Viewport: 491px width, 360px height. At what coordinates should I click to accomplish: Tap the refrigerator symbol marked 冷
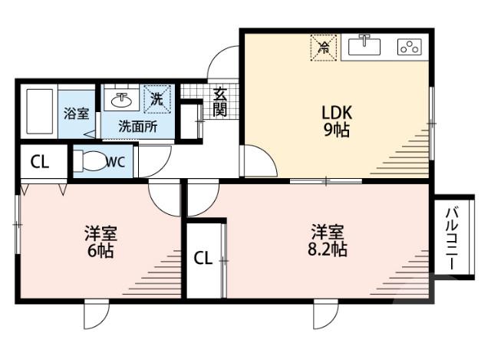point(324,47)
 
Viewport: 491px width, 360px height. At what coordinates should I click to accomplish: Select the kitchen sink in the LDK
point(364,46)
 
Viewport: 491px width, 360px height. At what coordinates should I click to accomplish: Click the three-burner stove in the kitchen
point(410,47)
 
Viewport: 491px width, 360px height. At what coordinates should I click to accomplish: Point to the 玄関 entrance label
point(220,101)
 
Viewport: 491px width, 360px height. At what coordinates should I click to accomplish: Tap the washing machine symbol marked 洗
point(156,98)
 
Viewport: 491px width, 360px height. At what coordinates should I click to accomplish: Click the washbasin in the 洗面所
point(121,100)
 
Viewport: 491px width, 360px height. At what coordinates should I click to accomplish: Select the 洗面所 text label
point(139,127)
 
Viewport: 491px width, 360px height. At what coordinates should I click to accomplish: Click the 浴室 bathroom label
point(75,114)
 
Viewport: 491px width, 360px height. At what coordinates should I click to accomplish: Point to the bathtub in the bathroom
point(38,113)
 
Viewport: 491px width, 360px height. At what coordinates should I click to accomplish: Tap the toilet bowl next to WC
point(91,162)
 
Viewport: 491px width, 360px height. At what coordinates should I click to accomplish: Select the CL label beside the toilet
point(40,162)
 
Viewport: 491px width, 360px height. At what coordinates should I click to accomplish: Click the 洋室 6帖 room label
point(100,241)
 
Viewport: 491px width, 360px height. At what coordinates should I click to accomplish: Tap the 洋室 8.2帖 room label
point(328,239)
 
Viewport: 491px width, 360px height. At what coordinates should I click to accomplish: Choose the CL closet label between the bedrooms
point(202,259)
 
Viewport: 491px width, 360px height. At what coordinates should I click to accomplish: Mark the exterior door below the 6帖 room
point(97,313)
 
